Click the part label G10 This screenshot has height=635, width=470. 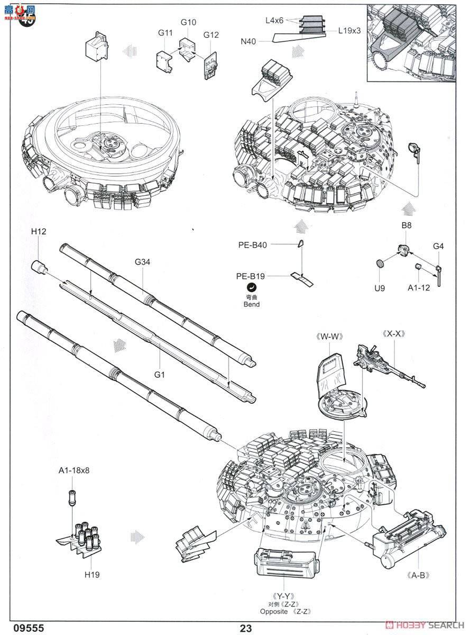point(188,22)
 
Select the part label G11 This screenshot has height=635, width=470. point(165,33)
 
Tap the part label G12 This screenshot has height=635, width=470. point(211,35)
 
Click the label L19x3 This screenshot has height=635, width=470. point(349,31)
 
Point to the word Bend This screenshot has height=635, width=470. point(252,304)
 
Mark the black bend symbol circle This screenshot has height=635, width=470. point(252,287)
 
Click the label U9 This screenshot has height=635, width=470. point(379,288)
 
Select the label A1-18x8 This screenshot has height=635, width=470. point(74,470)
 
